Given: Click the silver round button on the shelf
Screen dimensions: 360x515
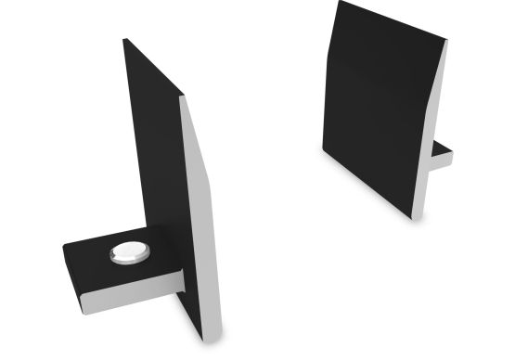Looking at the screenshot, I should [128, 251].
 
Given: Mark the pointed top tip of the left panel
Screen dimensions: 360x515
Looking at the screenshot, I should [126, 40].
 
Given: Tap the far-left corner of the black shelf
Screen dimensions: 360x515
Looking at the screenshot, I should [64, 247].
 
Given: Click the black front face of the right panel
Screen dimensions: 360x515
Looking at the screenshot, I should [376, 102].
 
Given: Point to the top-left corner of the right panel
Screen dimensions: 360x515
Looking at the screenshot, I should [339, 3].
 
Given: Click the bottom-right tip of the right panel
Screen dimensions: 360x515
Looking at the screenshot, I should [412, 218].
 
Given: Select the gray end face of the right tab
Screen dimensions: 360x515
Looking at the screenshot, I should [444, 161].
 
